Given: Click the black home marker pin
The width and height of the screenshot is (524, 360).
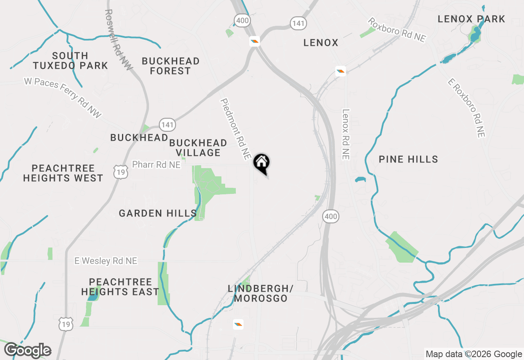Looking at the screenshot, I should coord(261,163).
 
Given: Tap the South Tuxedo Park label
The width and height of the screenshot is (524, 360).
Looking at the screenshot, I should coord(70,61).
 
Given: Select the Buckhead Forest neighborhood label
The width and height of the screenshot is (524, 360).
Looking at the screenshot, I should coord(170,66).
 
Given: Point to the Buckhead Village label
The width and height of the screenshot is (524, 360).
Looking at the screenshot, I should coord(198,148).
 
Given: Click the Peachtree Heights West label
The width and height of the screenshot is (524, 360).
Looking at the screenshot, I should coord(63,173).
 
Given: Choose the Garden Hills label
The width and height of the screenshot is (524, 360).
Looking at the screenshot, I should coord(158,213).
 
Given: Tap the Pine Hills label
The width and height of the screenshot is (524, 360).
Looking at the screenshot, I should coord(408,159).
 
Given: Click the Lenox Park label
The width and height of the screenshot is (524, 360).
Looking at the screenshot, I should coord(471,19).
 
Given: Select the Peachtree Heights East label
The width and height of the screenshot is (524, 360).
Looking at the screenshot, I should coord(120,287).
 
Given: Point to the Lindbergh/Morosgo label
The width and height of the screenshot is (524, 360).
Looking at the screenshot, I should coord(260,293).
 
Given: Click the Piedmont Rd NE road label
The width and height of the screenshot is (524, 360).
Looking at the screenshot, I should coord(235,128).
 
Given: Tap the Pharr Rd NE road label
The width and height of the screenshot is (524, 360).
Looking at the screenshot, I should coord(156,164).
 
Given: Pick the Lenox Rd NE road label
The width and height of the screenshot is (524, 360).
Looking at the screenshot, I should coord(346,134).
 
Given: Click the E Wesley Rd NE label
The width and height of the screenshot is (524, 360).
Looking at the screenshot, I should coord(106,261).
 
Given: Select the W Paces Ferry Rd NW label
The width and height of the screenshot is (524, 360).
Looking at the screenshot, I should coord(63,98).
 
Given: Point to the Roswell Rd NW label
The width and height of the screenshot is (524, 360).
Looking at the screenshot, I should coord(119,40).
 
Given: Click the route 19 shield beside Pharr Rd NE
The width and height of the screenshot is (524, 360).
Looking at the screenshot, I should coord(121,173).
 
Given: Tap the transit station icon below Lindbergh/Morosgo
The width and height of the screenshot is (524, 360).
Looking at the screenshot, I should coord(238,324).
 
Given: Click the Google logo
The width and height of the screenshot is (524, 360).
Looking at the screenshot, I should coord(27,351).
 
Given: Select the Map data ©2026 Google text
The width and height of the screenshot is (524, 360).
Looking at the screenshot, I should coord(474,354).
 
